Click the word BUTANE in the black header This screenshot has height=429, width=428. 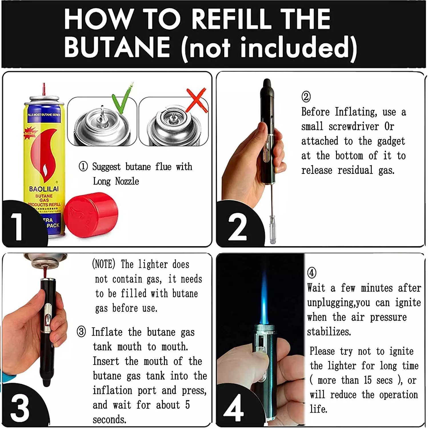click(x=117, y=47)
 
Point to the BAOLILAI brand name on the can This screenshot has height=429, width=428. click(x=44, y=189)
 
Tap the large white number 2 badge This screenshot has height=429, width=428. click(x=237, y=227)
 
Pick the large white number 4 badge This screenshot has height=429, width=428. click(x=233, y=408)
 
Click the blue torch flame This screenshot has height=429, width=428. click(x=264, y=297)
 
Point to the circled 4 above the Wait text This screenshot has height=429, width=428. click(x=312, y=273)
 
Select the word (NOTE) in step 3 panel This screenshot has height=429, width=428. click(x=103, y=264)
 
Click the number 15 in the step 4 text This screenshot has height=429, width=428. click(x=367, y=380)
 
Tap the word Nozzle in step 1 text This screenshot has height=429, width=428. click(x=127, y=181)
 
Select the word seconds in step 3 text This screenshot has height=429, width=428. click(x=109, y=420)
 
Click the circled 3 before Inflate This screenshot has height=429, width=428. click(x=81, y=332)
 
